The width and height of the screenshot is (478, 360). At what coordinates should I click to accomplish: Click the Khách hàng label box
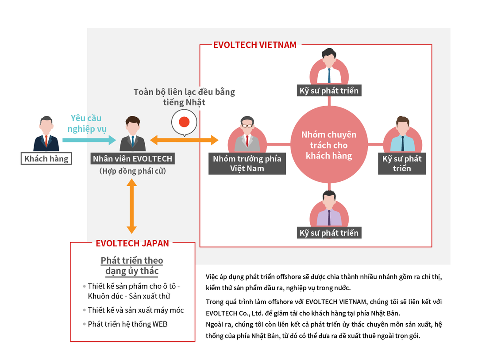point(46,158)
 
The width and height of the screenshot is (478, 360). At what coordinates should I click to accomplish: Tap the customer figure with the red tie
point(46,134)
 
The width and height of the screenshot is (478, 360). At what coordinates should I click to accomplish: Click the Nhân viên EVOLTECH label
point(132,158)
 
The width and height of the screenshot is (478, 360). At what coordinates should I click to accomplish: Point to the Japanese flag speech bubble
point(184,123)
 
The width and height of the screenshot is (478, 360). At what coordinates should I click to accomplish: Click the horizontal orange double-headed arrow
point(184,140)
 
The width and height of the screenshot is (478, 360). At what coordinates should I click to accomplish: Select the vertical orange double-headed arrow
point(131,207)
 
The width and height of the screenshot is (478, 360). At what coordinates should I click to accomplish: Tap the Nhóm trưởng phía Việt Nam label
point(247,164)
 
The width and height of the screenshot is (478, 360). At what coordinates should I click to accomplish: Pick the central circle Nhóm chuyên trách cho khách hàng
point(328,145)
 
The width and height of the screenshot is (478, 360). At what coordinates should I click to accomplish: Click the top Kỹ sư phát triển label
point(329,91)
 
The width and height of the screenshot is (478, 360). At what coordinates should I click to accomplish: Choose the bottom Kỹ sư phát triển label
point(329,233)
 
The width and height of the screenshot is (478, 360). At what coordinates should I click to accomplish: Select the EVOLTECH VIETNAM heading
point(255,45)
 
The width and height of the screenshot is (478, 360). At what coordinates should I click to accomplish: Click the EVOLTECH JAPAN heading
point(132,243)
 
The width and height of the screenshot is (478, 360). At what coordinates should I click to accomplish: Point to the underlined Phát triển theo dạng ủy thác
point(132,265)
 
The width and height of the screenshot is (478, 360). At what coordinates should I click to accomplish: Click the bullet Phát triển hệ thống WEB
point(127,324)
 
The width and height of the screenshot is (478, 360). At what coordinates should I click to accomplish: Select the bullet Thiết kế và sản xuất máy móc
point(135,310)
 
